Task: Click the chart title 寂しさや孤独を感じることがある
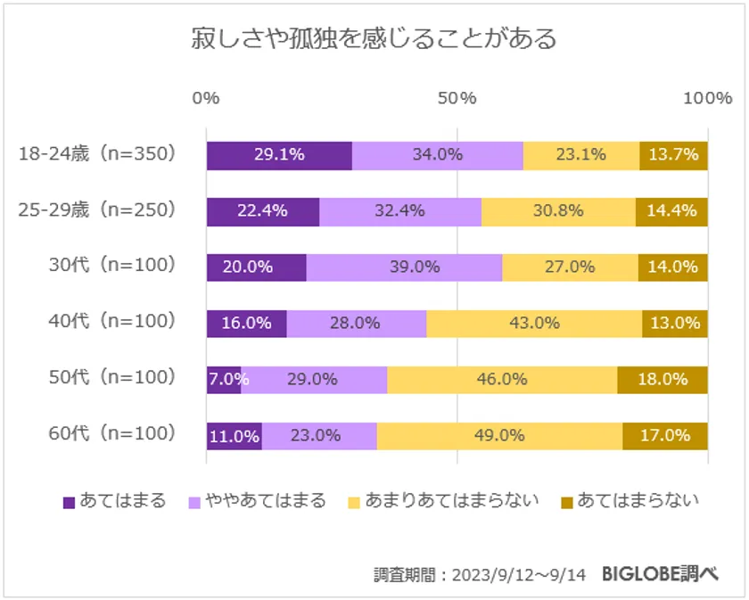[374, 39]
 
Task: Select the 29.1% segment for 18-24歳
[279, 154]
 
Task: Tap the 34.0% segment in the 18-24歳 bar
[437, 154]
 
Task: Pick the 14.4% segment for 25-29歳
[671, 211]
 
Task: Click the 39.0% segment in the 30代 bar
[404, 267]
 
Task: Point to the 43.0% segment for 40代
[534, 323]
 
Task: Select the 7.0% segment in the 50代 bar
[223, 379]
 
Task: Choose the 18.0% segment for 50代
[662, 379]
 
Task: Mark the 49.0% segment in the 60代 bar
[499, 436]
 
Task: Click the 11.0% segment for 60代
[234, 436]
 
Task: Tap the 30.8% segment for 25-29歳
[558, 211]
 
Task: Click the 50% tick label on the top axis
[457, 98]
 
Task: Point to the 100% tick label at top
[707, 98]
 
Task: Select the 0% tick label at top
[206, 98]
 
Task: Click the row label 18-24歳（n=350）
[98, 154]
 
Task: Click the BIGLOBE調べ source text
[660, 573]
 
